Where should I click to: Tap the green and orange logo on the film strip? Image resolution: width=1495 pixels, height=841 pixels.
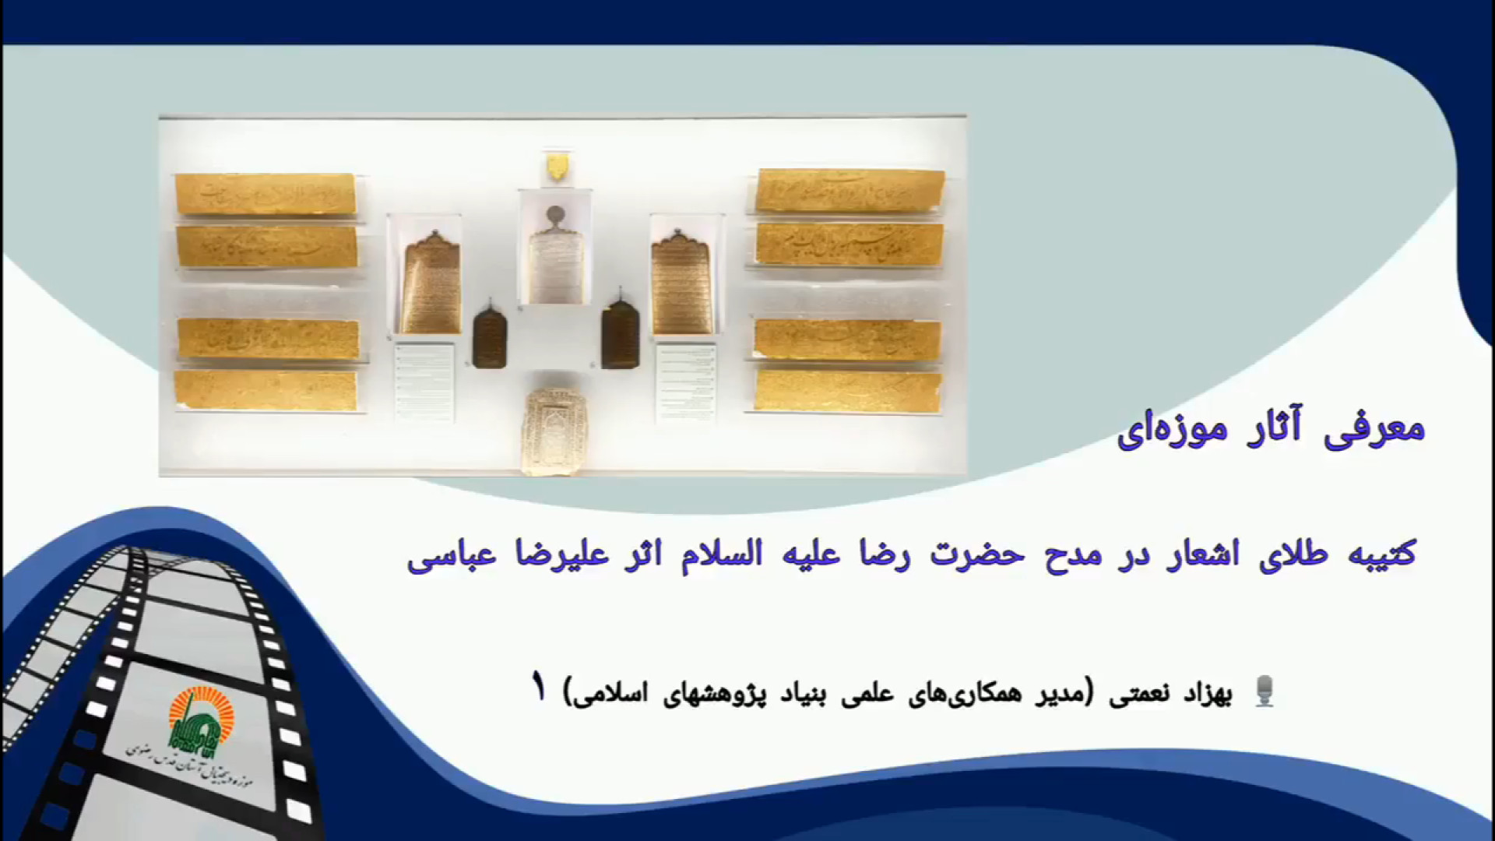(195, 716)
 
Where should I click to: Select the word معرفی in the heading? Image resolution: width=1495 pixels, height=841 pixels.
(1381, 430)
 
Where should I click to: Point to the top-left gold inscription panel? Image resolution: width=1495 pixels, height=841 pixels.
(266, 193)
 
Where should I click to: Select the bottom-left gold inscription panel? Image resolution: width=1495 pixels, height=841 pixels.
(266, 390)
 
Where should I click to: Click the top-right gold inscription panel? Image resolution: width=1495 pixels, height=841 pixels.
(850, 190)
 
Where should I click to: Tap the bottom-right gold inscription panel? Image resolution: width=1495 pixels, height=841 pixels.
(848, 390)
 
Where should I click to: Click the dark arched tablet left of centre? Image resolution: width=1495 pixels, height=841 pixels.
(490, 334)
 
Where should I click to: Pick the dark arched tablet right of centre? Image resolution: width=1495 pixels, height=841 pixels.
(620, 334)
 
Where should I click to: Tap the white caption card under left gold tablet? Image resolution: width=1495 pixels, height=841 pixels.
(424, 382)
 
